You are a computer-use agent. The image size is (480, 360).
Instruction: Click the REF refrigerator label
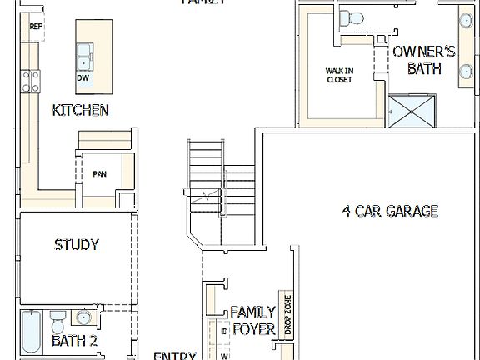pyautogui.click(x=35, y=27)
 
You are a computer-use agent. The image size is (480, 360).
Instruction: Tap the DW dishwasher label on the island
pyautogui.click(x=82, y=77)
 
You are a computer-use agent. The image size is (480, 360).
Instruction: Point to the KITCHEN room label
pyautogui.click(x=80, y=110)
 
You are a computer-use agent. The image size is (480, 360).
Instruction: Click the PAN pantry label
pyautogui.click(x=99, y=174)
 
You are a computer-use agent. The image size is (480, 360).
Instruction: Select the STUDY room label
pyautogui.click(x=77, y=245)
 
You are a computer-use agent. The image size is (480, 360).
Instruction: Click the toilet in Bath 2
pyautogui.click(x=57, y=320)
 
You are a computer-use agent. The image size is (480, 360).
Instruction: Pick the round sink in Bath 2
pyautogui.click(x=83, y=317)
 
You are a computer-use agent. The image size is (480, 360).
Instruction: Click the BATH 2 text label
pyautogui.click(x=75, y=341)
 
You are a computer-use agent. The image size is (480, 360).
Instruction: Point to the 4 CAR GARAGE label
pyautogui.click(x=390, y=211)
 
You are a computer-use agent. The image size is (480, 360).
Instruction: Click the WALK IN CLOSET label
pyautogui.click(x=339, y=76)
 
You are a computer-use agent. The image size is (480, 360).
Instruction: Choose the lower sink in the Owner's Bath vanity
pyautogui.click(x=466, y=72)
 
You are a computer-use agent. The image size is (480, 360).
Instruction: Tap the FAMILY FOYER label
pyautogui.click(x=252, y=320)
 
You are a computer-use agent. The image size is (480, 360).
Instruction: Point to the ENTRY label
pyautogui.click(x=175, y=355)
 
